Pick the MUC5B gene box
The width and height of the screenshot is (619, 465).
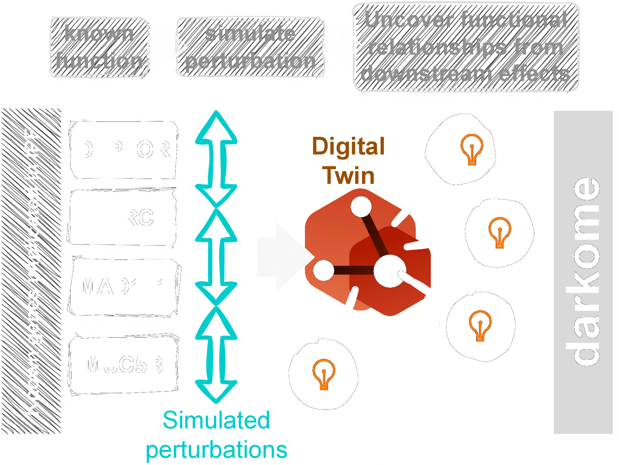pyautogui.click(x=123, y=364)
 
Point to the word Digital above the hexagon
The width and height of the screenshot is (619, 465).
pyautogui.click(x=348, y=146)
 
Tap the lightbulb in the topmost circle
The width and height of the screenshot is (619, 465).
pyautogui.click(x=472, y=149)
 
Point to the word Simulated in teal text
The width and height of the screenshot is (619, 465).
pyautogui.click(x=216, y=420)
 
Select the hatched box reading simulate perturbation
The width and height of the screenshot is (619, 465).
pyautogui.click(x=250, y=48)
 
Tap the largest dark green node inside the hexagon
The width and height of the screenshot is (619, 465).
pyautogui.click(x=389, y=271)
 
